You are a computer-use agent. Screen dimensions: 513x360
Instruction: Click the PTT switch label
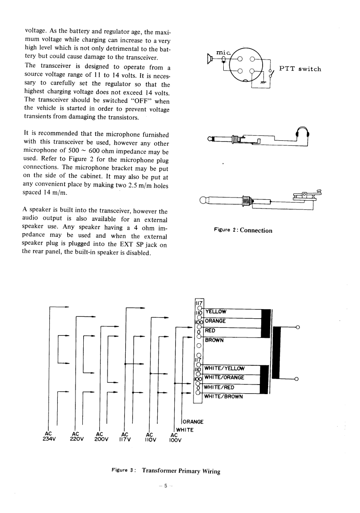(300, 69)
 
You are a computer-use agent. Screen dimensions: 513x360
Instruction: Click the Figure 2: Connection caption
(243, 230)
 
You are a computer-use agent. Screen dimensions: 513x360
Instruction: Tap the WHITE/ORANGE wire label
(224, 378)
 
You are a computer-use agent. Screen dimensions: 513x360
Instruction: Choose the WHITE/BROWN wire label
(223, 396)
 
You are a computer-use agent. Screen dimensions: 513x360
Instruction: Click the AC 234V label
(48, 438)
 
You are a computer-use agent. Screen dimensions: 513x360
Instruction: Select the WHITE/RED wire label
(219, 387)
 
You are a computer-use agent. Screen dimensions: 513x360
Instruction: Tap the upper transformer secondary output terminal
(297, 327)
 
